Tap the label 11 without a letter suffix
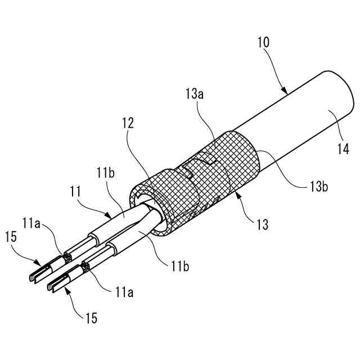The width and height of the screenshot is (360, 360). [76, 193]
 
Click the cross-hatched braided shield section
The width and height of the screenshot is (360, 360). [225, 163]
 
